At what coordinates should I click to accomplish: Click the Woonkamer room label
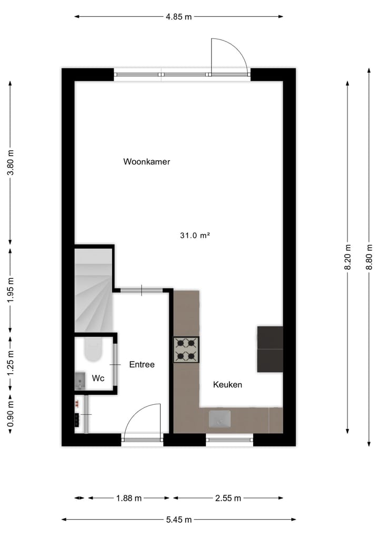(146, 162)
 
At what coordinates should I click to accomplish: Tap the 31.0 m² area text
(195, 236)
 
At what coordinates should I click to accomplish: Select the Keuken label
(227, 385)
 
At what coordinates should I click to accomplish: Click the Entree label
(142, 364)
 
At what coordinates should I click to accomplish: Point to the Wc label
(98, 378)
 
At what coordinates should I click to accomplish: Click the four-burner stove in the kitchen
(186, 350)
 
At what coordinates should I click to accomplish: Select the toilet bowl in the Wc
(93, 349)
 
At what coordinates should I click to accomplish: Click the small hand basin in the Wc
(80, 379)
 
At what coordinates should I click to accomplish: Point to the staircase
(94, 290)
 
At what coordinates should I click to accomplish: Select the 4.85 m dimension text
(178, 16)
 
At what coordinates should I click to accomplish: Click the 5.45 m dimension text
(178, 520)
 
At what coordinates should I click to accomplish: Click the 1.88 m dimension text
(129, 498)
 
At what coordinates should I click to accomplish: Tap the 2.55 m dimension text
(228, 498)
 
